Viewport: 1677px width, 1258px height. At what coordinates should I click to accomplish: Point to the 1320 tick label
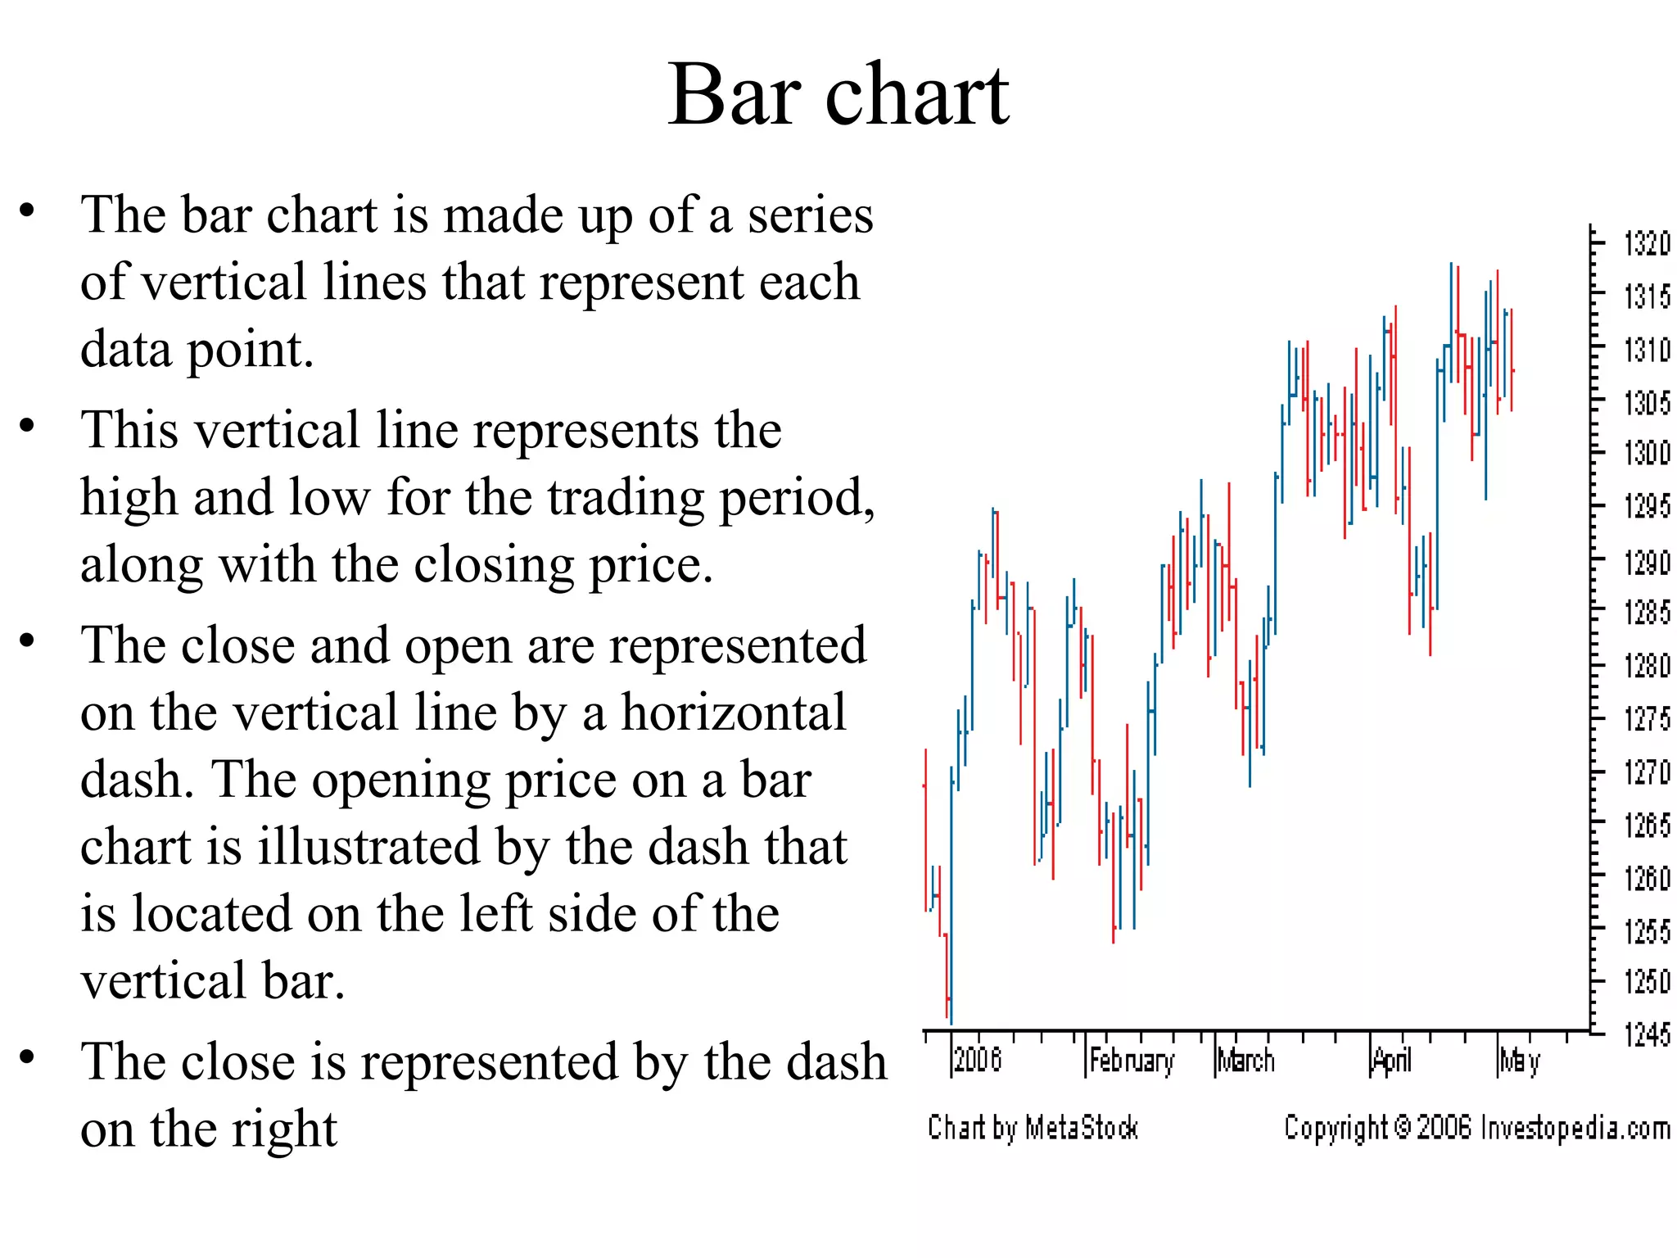[1646, 244]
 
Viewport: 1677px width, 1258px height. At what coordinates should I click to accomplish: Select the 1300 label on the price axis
[1646, 452]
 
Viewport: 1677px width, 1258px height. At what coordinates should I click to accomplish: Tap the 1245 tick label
[1646, 1035]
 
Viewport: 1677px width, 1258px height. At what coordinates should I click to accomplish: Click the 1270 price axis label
[1646, 772]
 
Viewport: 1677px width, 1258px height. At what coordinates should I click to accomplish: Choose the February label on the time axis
[1132, 1061]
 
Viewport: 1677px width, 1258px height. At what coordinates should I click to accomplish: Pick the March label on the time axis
[1246, 1061]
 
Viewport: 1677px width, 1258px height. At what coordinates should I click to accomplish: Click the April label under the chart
[1392, 1061]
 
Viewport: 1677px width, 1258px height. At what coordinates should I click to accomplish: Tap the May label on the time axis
[1520, 1061]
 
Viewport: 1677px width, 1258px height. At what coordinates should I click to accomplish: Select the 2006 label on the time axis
[978, 1060]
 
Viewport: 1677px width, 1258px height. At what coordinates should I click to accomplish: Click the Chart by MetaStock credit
[1033, 1129]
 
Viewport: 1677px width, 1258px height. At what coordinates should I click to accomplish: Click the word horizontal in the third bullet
[734, 713]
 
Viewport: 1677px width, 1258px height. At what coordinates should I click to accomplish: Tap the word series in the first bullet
[810, 215]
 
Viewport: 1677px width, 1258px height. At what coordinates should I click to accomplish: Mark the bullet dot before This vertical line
[28, 425]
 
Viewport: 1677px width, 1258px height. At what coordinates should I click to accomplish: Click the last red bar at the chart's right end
[1512, 360]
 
